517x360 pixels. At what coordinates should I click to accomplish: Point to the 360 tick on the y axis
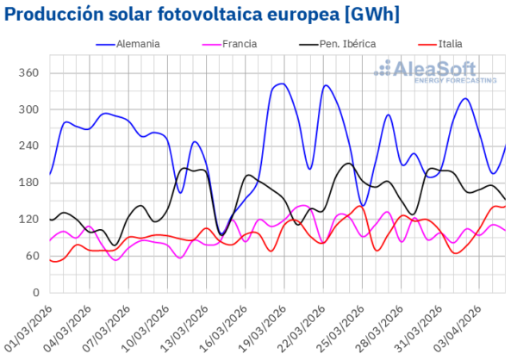pyautogui.click(x=28, y=72)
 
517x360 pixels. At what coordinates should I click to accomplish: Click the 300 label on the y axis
pyautogui.click(x=28, y=109)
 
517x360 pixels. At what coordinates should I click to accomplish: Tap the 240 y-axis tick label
pyautogui.click(x=28, y=146)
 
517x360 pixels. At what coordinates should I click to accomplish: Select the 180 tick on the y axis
pyautogui.click(x=28, y=183)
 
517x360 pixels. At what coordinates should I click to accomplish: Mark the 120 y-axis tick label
pyautogui.click(x=28, y=220)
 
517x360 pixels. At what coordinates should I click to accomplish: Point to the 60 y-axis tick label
pyautogui.click(x=31, y=256)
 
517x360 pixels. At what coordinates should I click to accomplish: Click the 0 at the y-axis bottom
pyautogui.click(x=34, y=293)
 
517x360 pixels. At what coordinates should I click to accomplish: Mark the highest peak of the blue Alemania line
pyautogui.click(x=282, y=84)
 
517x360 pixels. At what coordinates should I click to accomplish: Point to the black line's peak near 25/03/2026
pyautogui.click(x=348, y=163)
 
